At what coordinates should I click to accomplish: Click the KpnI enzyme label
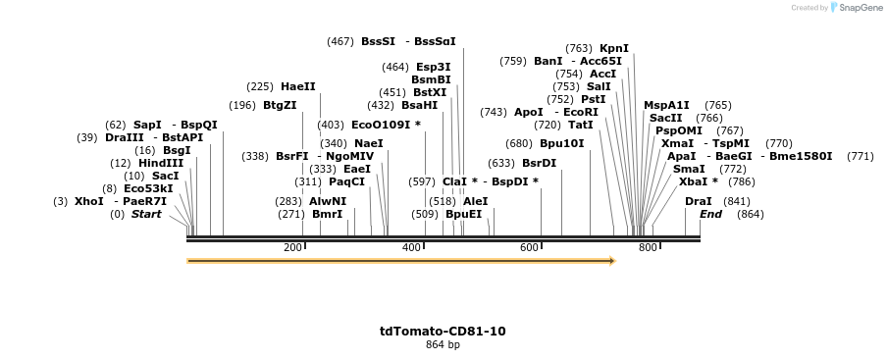tap(614, 48)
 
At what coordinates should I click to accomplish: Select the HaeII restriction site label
tap(298, 86)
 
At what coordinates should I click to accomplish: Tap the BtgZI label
tap(280, 105)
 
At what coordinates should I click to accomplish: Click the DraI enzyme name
tap(699, 201)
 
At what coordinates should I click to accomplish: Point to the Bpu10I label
tap(561, 143)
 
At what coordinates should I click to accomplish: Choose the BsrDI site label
tap(539, 163)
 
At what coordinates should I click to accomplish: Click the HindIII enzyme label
tap(161, 163)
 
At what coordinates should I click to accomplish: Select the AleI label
tap(475, 201)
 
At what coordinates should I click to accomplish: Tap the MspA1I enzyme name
tap(666, 105)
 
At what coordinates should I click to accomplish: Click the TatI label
tap(581, 125)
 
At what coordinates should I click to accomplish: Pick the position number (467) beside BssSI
tap(340, 41)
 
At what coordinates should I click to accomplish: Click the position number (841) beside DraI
tap(737, 201)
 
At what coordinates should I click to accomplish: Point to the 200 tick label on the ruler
tap(292, 247)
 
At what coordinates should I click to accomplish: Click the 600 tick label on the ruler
tap(530, 247)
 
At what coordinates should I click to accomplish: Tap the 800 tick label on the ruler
tap(648, 247)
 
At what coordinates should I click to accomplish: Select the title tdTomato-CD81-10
tap(443, 332)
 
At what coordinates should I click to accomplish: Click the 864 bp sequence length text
tap(443, 345)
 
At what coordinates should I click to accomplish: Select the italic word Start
tap(146, 214)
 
